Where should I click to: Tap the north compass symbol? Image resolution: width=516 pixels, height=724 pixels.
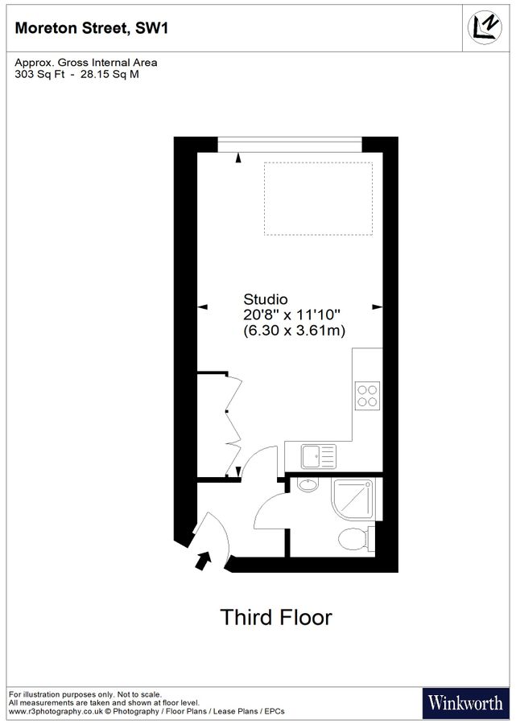[485, 28]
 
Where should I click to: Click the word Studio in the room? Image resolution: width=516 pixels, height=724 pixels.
[265, 300]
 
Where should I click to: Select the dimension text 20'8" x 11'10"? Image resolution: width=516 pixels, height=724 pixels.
[291, 315]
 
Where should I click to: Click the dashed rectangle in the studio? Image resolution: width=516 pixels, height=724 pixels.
[318, 199]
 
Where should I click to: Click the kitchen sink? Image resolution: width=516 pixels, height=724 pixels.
[320, 456]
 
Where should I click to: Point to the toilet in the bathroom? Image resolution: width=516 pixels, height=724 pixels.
[355, 538]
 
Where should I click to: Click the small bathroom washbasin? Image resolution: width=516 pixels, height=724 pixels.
[307, 484]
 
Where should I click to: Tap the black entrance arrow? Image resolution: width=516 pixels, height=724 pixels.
[203, 559]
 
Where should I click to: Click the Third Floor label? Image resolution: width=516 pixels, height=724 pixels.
[275, 618]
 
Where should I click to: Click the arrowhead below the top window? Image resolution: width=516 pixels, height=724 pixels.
[238, 158]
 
